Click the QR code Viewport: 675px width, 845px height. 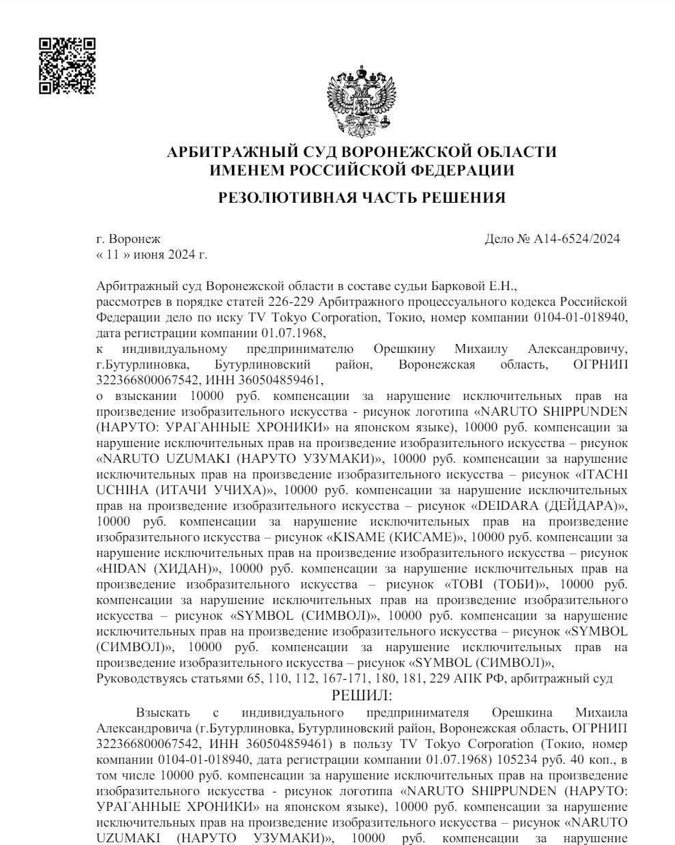(67, 65)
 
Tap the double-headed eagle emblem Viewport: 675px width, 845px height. (362, 100)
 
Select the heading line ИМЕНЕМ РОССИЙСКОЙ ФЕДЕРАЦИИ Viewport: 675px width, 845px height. (362, 170)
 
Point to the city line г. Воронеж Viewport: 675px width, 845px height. (129, 239)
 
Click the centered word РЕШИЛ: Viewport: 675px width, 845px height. (362, 696)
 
